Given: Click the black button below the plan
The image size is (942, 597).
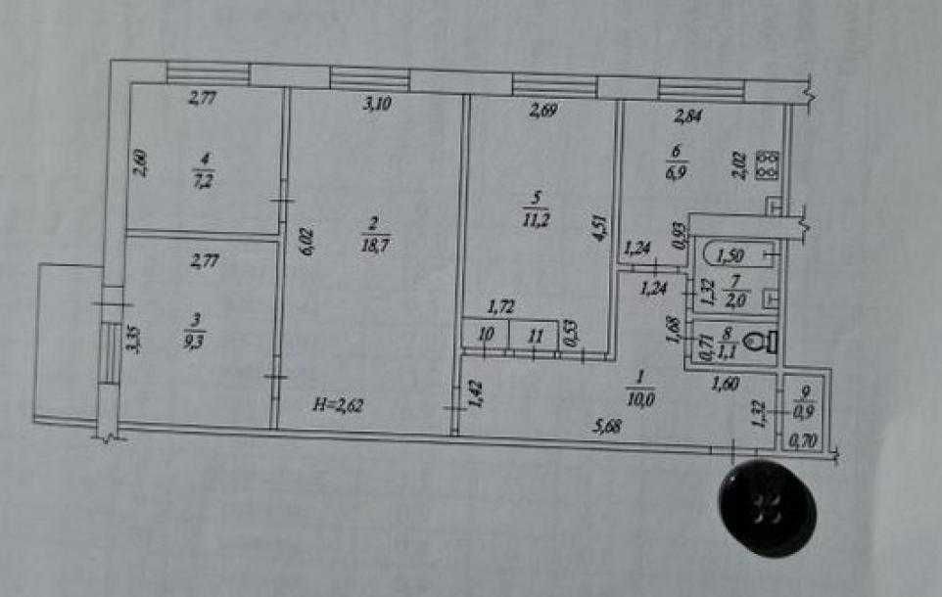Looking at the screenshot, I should point(767,507).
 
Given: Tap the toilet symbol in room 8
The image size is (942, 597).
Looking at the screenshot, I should point(757,343).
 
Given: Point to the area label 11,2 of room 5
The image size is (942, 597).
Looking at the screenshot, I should point(535,219).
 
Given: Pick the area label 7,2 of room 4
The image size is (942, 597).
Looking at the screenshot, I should point(203,179).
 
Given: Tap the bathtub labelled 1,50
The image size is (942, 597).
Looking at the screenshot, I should point(730,256).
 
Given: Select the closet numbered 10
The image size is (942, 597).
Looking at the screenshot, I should point(486,334).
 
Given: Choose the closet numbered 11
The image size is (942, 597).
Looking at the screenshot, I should point(535,335).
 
